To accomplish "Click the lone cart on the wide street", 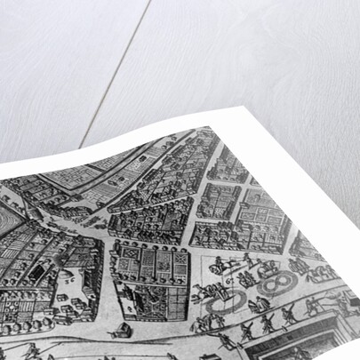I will pyautogui.click(x=121, y=330).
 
